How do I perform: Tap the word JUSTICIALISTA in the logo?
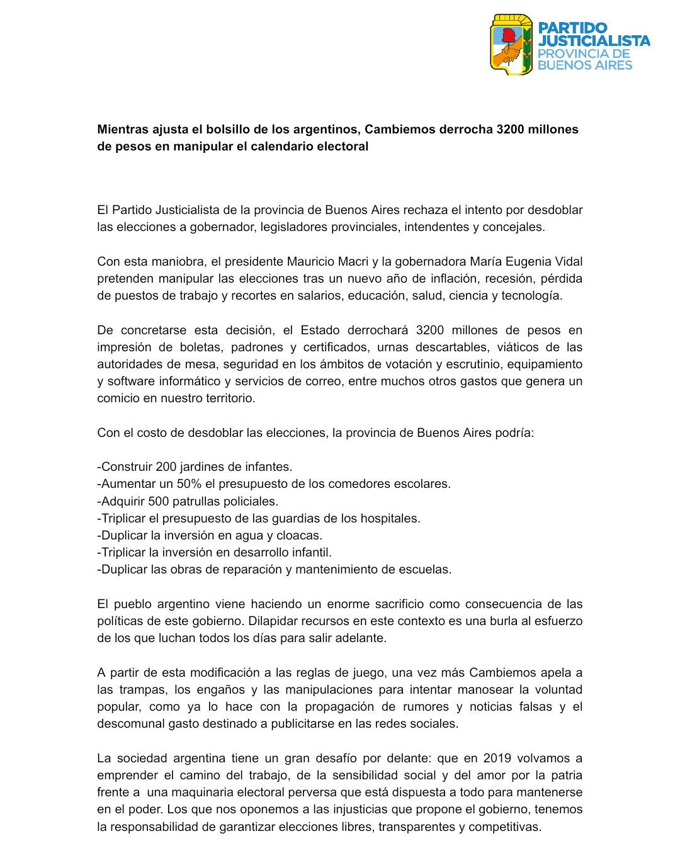(594, 41)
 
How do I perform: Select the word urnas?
(392, 347)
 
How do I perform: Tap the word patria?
(565, 776)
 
